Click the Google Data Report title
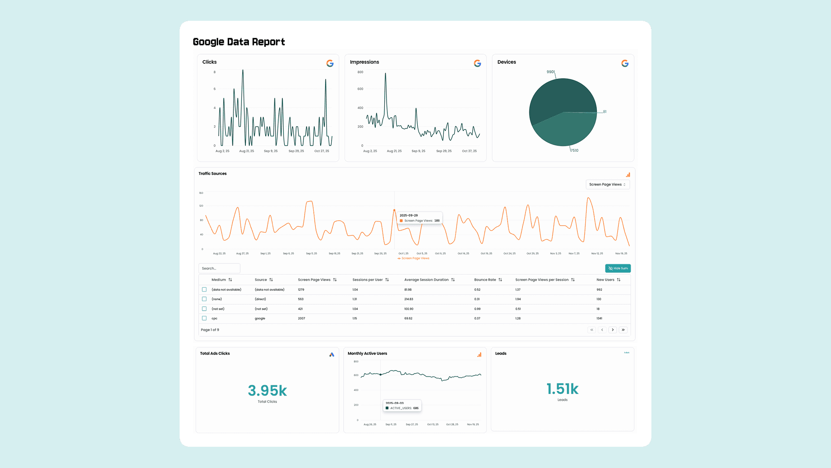click(238, 42)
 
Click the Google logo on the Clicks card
click(330, 63)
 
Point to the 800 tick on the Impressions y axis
click(360, 72)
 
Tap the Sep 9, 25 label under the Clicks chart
click(271, 151)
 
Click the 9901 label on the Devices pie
click(550, 72)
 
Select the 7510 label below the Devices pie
click(574, 150)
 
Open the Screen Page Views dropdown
click(607, 185)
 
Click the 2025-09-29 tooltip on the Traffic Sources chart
click(419, 218)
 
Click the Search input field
click(219, 268)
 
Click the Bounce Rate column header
click(485, 280)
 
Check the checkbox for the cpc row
click(204, 318)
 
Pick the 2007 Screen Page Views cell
click(301, 318)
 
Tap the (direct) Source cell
click(260, 299)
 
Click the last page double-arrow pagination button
click(623, 330)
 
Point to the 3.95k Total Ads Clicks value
click(267, 390)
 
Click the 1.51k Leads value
click(562, 389)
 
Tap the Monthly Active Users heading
click(367, 354)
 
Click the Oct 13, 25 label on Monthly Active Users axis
click(432, 425)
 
